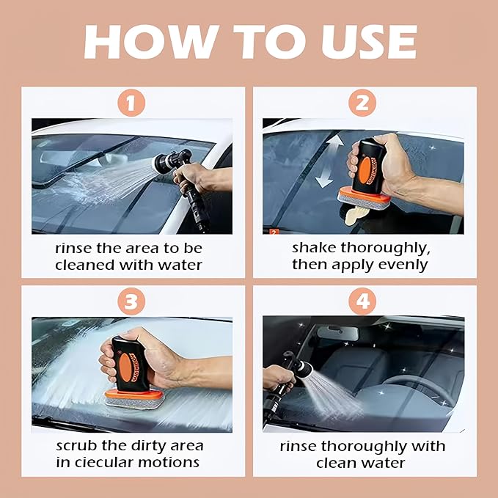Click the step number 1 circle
131,103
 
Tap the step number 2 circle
362,103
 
